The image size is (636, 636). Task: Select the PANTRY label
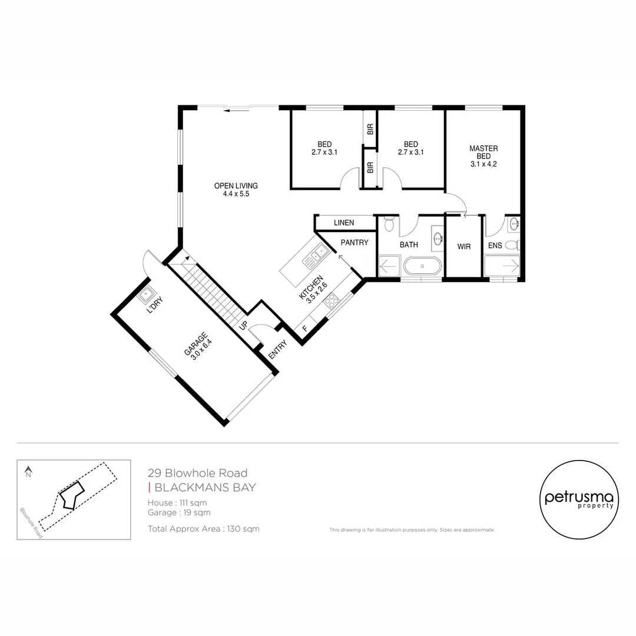coord(354,243)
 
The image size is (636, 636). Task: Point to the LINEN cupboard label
coord(344,223)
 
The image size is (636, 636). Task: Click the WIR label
coord(464,247)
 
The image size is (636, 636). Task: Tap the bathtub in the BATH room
coord(422,266)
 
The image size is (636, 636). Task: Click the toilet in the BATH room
coord(389,224)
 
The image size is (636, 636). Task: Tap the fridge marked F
coord(304,328)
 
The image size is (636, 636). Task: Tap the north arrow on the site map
coord(28,471)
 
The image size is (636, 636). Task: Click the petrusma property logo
coord(579,499)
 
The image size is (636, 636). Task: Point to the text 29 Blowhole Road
coord(197,473)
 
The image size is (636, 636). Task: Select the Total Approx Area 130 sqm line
coord(204,528)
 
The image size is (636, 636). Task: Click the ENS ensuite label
coord(495,245)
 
